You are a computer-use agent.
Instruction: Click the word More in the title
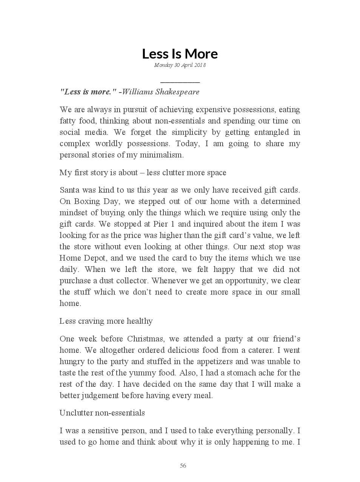tap(201, 54)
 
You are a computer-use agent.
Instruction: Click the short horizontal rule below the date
tap(180, 82)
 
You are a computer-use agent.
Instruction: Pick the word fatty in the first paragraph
tap(68, 121)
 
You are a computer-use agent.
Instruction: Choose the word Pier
tap(161, 224)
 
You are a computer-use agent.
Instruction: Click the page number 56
tap(183, 466)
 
